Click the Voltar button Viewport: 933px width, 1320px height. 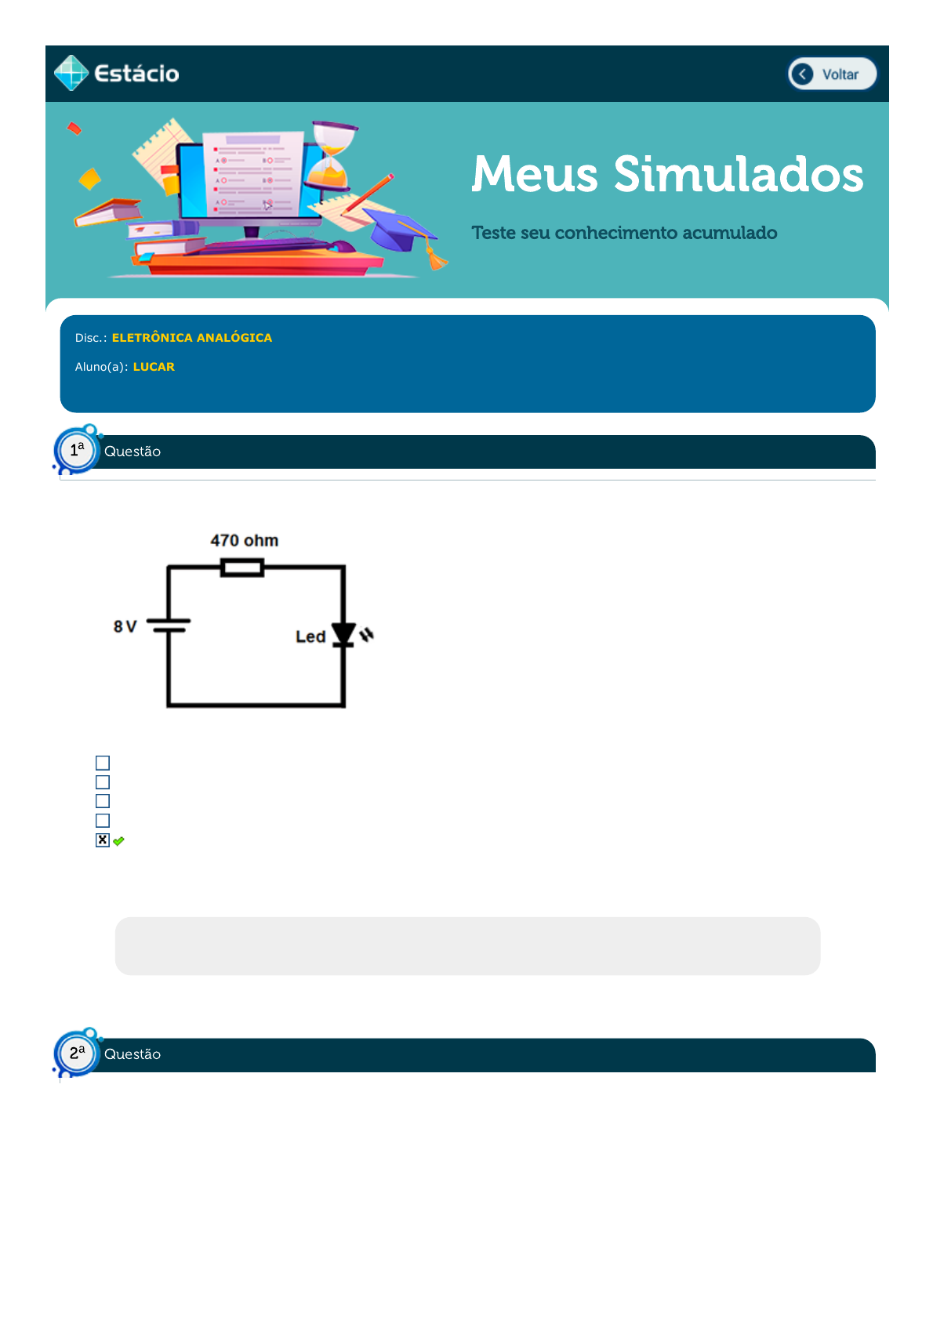[832, 74]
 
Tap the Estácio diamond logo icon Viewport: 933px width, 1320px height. [71, 73]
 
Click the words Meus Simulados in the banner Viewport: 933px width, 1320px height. [667, 174]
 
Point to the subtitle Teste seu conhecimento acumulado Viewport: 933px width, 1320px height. [624, 233]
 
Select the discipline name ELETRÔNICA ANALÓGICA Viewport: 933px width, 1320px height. [192, 338]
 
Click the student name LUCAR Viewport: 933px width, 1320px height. [154, 367]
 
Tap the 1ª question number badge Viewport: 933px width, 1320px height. [77, 451]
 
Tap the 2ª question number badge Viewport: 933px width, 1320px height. [77, 1053]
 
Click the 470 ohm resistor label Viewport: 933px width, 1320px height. [245, 540]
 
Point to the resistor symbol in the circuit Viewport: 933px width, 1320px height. [242, 568]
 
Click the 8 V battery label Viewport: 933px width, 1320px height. [125, 626]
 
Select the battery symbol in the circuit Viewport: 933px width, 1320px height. [169, 626]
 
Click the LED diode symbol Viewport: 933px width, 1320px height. [343, 635]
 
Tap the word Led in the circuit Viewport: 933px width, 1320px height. [310, 637]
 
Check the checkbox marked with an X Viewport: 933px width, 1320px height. [103, 840]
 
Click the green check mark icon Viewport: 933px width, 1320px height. [118, 842]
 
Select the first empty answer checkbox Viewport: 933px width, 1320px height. [103, 763]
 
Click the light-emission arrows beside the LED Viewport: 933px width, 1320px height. [367, 635]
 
